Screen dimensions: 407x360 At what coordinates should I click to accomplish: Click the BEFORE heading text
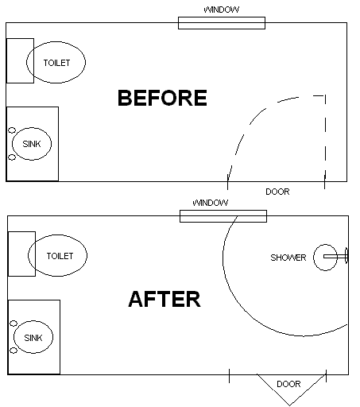pyautogui.click(x=162, y=98)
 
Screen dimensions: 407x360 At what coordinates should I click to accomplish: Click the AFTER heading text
pyautogui.click(x=165, y=300)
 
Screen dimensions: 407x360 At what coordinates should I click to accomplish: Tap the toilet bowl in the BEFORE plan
pyautogui.click(x=56, y=62)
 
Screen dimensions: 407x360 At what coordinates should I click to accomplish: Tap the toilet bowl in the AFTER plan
pyautogui.click(x=59, y=256)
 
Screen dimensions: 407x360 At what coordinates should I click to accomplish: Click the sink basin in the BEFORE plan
pyautogui.click(x=33, y=144)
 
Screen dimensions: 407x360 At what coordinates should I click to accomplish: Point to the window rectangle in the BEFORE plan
pyautogui.click(x=221, y=23)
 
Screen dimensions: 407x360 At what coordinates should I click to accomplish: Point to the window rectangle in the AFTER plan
pyautogui.click(x=223, y=216)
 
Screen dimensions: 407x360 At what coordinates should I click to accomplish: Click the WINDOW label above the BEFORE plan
pyautogui.click(x=221, y=10)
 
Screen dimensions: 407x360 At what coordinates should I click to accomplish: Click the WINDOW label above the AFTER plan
pyautogui.click(x=211, y=203)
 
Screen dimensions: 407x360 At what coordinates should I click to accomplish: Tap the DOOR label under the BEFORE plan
pyautogui.click(x=277, y=192)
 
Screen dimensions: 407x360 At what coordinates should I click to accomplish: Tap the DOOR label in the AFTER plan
pyautogui.click(x=288, y=384)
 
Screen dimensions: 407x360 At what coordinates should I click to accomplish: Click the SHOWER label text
pyautogui.click(x=288, y=258)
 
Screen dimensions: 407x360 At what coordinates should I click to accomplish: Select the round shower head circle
pyautogui.click(x=326, y=257)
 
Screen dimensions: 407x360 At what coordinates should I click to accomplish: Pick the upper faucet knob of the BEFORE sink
pyautogui.click(x=12, y=130)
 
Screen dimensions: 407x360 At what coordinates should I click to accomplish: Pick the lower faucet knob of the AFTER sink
pyautogui.click(x=14, y=350)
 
